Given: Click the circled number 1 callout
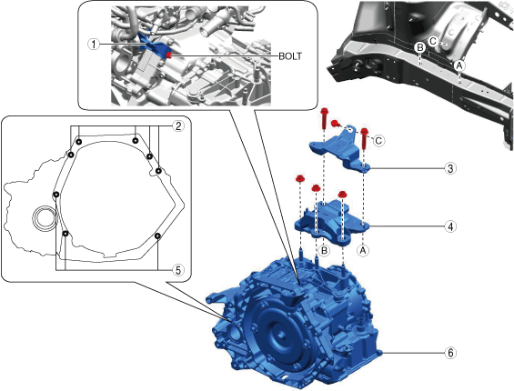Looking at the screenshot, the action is click(94, 44).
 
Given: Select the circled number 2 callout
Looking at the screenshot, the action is click(178, 126).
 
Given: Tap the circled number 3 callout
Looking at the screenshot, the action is click(450, 168).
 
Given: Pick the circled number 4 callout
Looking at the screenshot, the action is click(450, 226).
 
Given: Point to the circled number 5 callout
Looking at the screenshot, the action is click(178, 270).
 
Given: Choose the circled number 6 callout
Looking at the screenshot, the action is click(450, 353).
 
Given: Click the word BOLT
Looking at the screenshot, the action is click(290, 56).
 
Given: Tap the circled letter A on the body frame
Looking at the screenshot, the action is click(459, 65).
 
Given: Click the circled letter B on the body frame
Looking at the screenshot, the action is click(419, 48).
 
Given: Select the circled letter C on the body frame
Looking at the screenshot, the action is click(433, 41).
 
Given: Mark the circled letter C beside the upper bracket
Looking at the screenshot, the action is click(378, 141).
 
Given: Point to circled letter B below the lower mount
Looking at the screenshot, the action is click(324, 251).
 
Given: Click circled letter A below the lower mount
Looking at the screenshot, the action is click(363, 251).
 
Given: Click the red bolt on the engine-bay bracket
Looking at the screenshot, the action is click(169, 55).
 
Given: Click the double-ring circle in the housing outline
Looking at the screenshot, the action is click(44, 218).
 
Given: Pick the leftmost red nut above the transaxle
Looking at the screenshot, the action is click(299, 179).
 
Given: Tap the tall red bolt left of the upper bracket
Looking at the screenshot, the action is click(324, 118).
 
